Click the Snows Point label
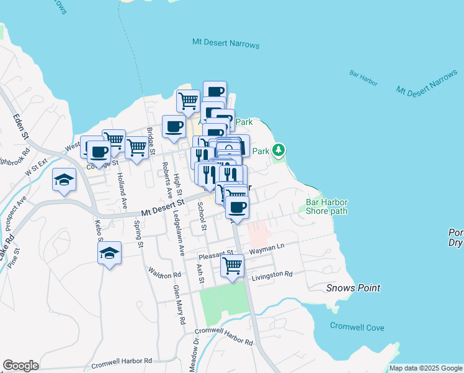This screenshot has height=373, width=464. [x=353, y=288]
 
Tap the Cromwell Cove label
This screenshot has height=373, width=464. [x=357, y=327]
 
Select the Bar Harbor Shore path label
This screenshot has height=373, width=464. [x=327, y=206]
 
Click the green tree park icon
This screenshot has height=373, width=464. [x=279, y=150]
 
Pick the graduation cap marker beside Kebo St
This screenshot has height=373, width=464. [x=110, y=253]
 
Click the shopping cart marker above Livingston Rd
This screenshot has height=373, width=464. [x=232, y=266]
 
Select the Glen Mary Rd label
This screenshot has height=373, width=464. [x=179, y=305]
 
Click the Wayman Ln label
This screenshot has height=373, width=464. [x=266, y=248]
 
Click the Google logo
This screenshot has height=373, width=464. [x=20, y=366]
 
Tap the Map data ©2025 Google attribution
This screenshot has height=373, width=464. [x=426, y=369]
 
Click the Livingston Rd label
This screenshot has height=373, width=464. [x=270, y=274]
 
